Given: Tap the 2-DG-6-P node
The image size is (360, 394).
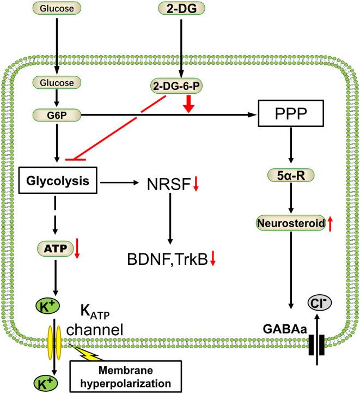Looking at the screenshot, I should tap(181, 86).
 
